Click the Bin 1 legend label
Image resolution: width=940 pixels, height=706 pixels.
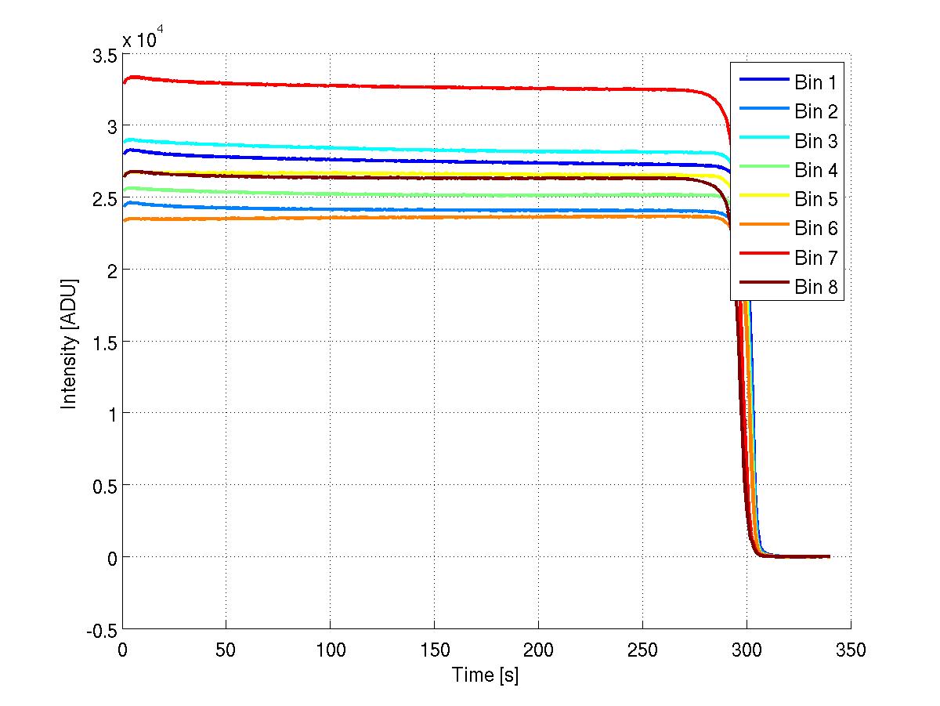816,82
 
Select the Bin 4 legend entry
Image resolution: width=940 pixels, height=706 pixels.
816,170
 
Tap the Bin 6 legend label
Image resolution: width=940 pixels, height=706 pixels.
816,229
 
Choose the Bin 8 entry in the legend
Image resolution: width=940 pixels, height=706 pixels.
816,288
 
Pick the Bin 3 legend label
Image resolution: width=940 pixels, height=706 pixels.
816,141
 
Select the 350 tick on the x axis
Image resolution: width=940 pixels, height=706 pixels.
850,650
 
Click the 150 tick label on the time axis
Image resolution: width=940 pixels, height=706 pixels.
434,650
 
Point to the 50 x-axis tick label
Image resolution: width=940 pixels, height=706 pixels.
226,650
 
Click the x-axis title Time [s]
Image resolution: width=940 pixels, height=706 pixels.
485,675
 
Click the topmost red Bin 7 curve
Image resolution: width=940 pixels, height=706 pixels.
392,86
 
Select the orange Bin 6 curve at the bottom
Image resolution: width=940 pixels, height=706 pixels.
392,217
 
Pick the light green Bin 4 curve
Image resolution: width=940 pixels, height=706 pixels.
392,195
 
